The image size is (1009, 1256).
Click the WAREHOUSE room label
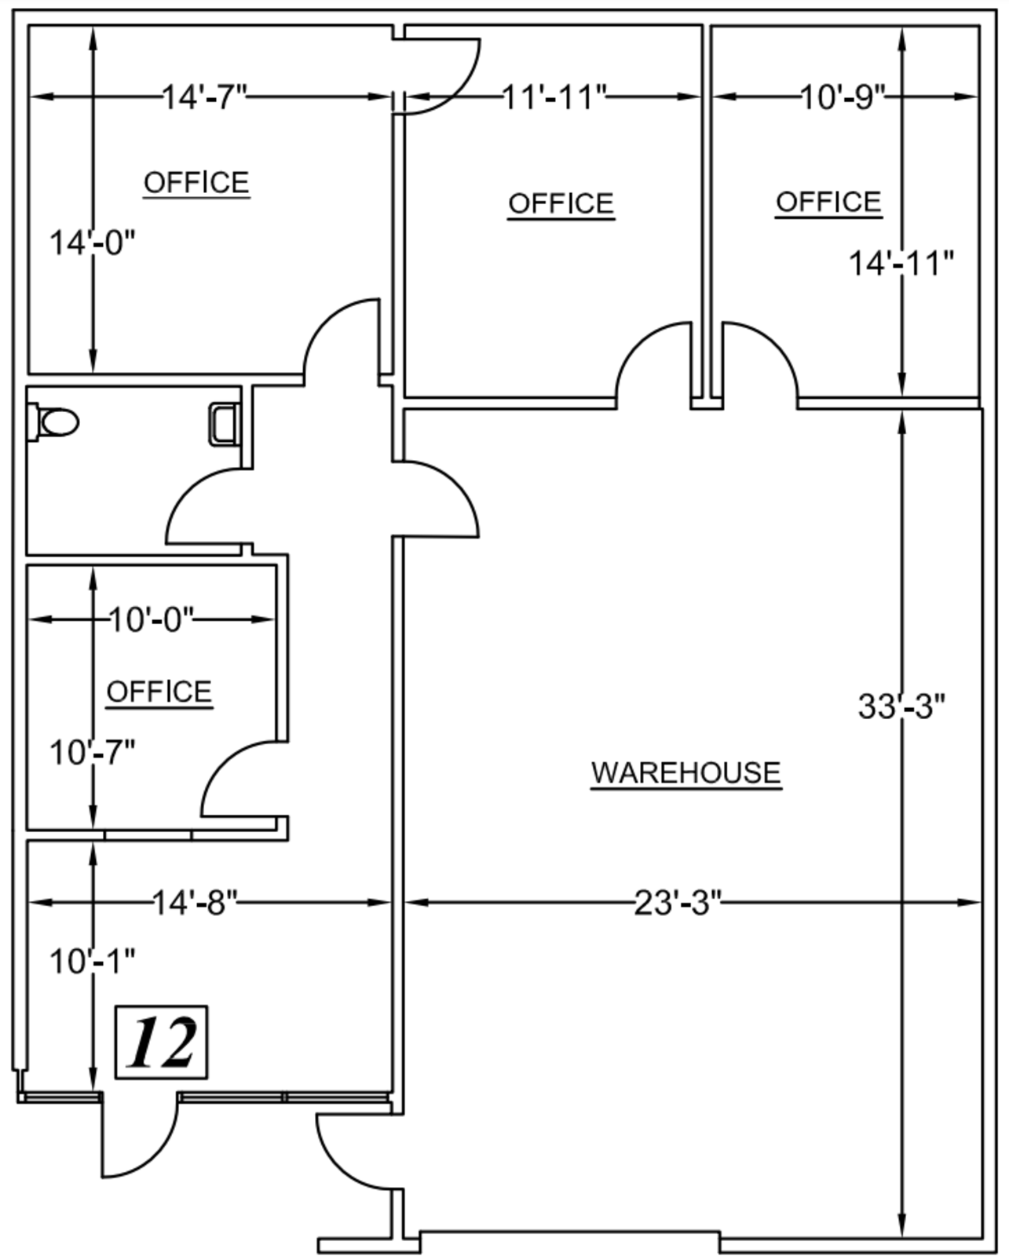686,772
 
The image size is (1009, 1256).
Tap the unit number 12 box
161,1042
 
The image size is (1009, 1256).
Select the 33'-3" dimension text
901,706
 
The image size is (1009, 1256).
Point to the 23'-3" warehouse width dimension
678,903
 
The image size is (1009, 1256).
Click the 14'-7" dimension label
204,97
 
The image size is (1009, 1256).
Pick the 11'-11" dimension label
554,97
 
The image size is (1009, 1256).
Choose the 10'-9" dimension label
843,97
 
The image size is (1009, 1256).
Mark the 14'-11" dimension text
901,263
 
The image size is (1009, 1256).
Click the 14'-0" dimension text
92,243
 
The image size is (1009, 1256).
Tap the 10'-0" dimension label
152,619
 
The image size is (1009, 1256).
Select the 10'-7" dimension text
92,752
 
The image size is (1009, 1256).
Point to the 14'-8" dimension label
195,903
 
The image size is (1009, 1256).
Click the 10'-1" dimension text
92,962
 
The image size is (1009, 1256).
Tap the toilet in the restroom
53,422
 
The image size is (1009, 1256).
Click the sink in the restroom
225,425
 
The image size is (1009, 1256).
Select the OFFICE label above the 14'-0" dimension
197,183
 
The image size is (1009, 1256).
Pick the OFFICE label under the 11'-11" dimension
561,204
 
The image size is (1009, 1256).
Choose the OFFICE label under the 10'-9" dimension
828,203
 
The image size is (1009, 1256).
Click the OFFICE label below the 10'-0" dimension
159,692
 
